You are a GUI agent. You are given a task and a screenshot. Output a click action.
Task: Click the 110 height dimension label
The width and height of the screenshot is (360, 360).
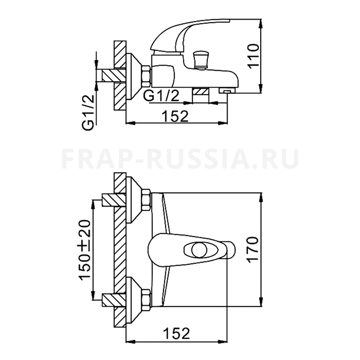pyautogui.click(x=254, y=56)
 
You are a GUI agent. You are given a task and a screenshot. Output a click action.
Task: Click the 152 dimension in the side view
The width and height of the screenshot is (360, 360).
pyautogui.click(x=175, y=116)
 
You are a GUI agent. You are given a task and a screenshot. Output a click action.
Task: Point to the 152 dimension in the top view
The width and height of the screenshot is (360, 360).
pyautogui.click(x=176, y=333)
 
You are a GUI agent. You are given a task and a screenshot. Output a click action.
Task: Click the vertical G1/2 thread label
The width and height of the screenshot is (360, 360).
pyautogui.click(x=88, y=113)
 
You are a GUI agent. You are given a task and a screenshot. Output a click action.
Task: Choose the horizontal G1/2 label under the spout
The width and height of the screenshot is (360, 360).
pyautogui.click(x=161, y=96)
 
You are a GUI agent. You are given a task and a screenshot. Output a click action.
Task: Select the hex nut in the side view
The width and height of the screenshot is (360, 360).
pyautogui.click(x=146, y=77)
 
